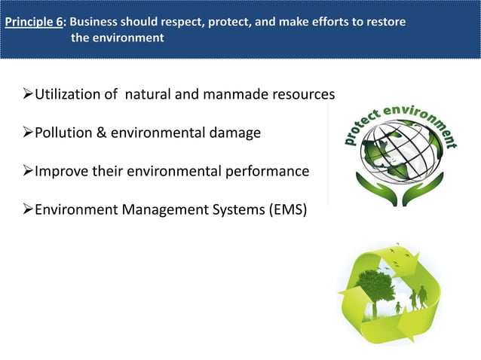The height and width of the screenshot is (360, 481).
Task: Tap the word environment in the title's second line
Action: [128, 38]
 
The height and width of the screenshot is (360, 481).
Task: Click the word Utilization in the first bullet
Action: [69, 95]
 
